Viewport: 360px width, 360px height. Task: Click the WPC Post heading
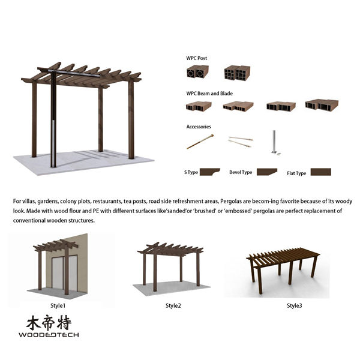pyautogui.click(x=197, y=58)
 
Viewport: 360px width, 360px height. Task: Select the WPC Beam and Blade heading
pyautogui.click(x=209, y=94)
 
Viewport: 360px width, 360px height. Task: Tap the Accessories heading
pyautogui.click(x=199, y=127)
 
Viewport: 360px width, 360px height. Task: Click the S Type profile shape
pyautogui.click(x=209, y=172)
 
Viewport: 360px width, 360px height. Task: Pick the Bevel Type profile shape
pyautogui.click(x=266, y=172)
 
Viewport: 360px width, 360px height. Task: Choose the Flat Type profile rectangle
pyautogui.click(x=321, y=172)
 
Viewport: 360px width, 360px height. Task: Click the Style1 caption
pyautogui.click(x=58, y=305)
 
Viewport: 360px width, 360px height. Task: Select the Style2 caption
pyautogui.click(x=173, y=305)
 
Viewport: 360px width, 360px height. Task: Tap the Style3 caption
pyautogui.click(x=295, y=305)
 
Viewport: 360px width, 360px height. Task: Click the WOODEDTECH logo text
pyautogui.click(x=49, y=335)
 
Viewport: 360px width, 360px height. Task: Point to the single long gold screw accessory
pyautogui.click(x=200, y=142)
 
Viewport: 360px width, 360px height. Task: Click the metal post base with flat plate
pyautogui.click(x=275, y=143)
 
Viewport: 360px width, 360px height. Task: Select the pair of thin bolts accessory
pyautogui.click(x=241, y=141)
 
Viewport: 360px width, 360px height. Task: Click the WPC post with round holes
pyautogui.click(x=197, y=71)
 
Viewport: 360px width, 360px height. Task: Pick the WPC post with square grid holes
pyautogui.click(x=237, y=73)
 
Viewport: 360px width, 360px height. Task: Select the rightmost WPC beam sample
pyautogui.click(x=322, y=104)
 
